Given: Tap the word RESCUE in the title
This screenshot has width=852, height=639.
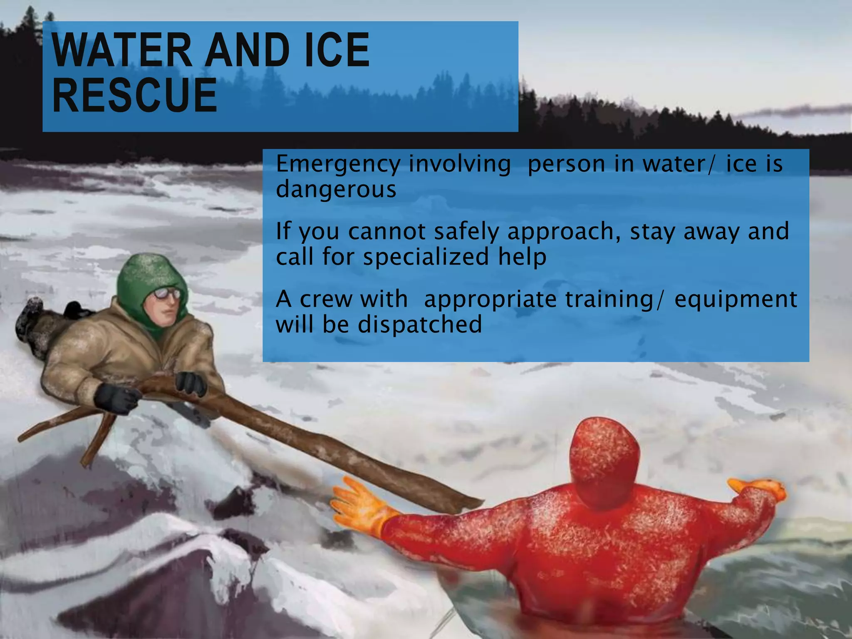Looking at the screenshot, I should (x=134, y=96).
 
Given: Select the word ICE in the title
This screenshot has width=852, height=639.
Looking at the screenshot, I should (x=337, y=51).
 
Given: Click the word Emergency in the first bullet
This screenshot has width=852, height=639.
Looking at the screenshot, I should (x=338, y=164).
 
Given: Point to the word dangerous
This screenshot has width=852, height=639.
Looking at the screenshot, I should (x=336, y=189).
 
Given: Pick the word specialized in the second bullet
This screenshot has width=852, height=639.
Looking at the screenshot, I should (x=426, y=257).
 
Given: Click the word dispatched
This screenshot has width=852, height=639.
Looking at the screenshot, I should (x=420, y=324).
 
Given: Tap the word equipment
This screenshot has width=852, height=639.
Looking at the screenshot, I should (x=735, y=299).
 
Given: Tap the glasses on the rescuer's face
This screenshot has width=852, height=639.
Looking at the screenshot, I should (x=167, y=294).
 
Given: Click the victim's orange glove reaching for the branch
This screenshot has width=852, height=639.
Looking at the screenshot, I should (x=358, y=505).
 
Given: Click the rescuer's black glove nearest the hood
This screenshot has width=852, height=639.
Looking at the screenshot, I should (x=191, y=383).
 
